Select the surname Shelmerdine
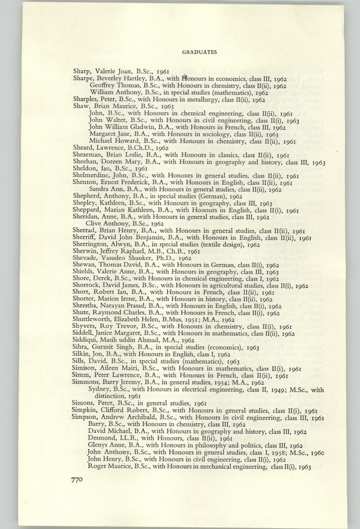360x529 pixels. point(93,176)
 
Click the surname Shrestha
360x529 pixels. point(86,306)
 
